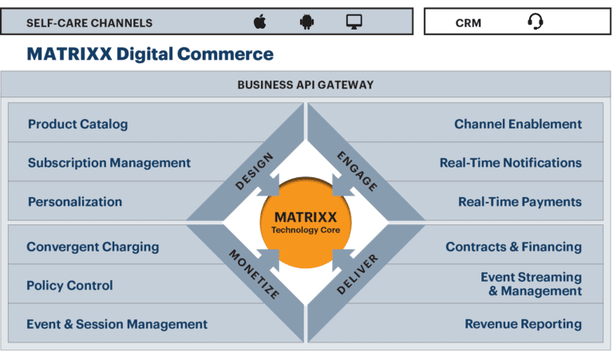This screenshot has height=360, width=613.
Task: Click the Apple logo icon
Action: pyautogui.click(x=259, y=22)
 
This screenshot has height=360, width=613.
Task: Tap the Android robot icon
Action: pyautogui.click(x=306, y=22)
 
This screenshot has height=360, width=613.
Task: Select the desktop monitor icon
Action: pyautogui.click(x=355, y=22)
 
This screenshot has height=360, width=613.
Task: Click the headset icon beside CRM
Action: pyautogui.click(x=536, y=22)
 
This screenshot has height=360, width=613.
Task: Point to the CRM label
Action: pyautogui.click(x=469, y=22)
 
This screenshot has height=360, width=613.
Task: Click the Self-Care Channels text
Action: pyautogui.click(x=89, y=22)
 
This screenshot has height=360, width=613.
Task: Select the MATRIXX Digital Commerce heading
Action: pyautogui.click(x=150, y=54)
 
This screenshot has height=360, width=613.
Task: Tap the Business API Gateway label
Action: pyautogui.click(x=306, y=85)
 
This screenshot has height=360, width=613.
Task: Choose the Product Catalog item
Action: pyautogui.click(x=77, y=124)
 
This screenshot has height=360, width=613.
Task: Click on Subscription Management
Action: pyautogui.click(x=109, y=163)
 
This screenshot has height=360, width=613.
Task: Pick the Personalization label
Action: pyautogui.click(x=75, y=202)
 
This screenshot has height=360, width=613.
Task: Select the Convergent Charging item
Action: pyautogui.click(x=93, y=247)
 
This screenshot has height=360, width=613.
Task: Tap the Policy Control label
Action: pyautogui.click(x=69, y=285)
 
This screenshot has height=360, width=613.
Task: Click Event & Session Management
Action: pyautogui.click(x=117, y=324)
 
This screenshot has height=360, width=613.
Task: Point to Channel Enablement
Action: pyautogui.click(x=518, y=124)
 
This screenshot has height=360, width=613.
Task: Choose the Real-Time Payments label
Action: pyautogui.click(x=520, y=202)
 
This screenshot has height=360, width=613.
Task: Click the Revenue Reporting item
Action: pyautogui.click(x=523, y=324)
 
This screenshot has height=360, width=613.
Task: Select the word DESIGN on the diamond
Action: pyautogui.click(x=255, y=171)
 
